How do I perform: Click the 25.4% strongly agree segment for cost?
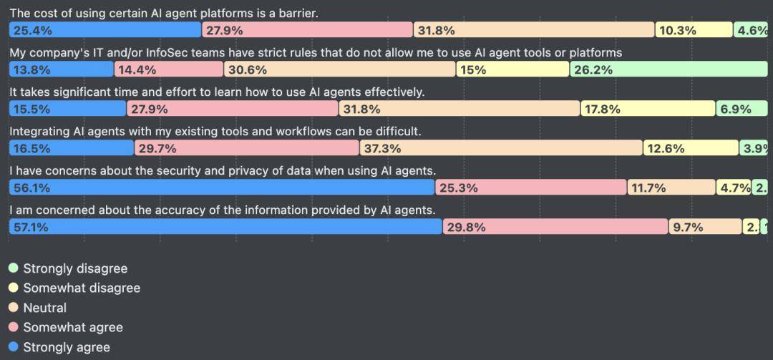tap(105, 30)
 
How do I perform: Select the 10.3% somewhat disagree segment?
tap(693, 30)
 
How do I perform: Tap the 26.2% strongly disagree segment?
tap(669, 69)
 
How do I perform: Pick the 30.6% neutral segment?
tap(339, 69)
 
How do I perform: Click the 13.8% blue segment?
tap(62, 69)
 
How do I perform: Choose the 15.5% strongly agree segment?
tap(67, 109)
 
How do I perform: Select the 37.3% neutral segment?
tap(500, 148)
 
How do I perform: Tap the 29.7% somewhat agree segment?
tap(246, 148)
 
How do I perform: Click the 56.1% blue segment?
tap(222, 188)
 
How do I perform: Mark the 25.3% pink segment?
tap(531, 188)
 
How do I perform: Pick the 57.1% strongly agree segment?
tap(225, 227)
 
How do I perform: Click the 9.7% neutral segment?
tap(705, 227)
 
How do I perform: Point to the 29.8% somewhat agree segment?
tap(555, 227)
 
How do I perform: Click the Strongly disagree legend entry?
tap(75, 268)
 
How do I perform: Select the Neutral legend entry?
tap(44, 308)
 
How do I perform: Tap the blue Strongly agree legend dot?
tap(13, 347)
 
